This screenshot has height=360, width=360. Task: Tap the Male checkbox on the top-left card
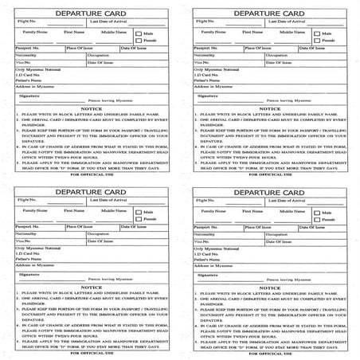coord(139,34)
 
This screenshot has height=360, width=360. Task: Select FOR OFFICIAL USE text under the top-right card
coord(270,174)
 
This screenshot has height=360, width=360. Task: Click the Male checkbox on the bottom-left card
coord(139,213)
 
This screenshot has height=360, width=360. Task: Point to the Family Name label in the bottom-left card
coord(35,210)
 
